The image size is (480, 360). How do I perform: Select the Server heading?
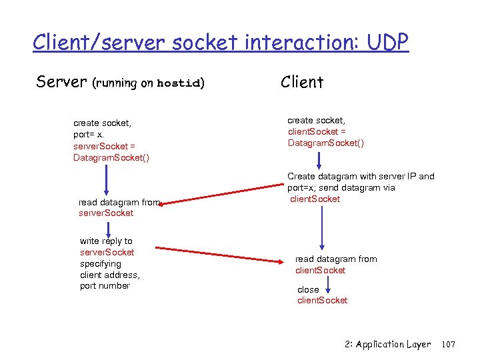pyautogui.click(x=61, y=83)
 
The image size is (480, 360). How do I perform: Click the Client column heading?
pyautogui.click(x=302, y=82)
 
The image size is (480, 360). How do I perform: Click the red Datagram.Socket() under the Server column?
pyautogui.click(x=111, y=157)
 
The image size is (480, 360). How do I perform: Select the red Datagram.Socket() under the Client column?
pyautogui.click(x=326, y=143)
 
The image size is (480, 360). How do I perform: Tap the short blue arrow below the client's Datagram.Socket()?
pyautogui.click(x=321, y=160)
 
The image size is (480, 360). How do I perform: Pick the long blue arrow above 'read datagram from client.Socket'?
pyautogui.click(x=323, y=227)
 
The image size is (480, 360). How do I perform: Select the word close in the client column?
pyautogui.click(x=308, y=290)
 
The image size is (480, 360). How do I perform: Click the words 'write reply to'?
pyautogui.click(x=106, y=241)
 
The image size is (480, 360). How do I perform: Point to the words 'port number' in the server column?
pyautogui.click(x=105, y=286)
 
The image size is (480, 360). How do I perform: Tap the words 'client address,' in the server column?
pyautogui.click(x=110, y=275)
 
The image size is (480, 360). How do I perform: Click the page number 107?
pyautogui.click(x=448, y=345)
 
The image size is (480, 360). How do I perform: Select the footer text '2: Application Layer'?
pyautogui.click(x=388, y=345)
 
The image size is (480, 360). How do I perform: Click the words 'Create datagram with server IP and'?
pyautogui.click(x=361, y=177)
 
